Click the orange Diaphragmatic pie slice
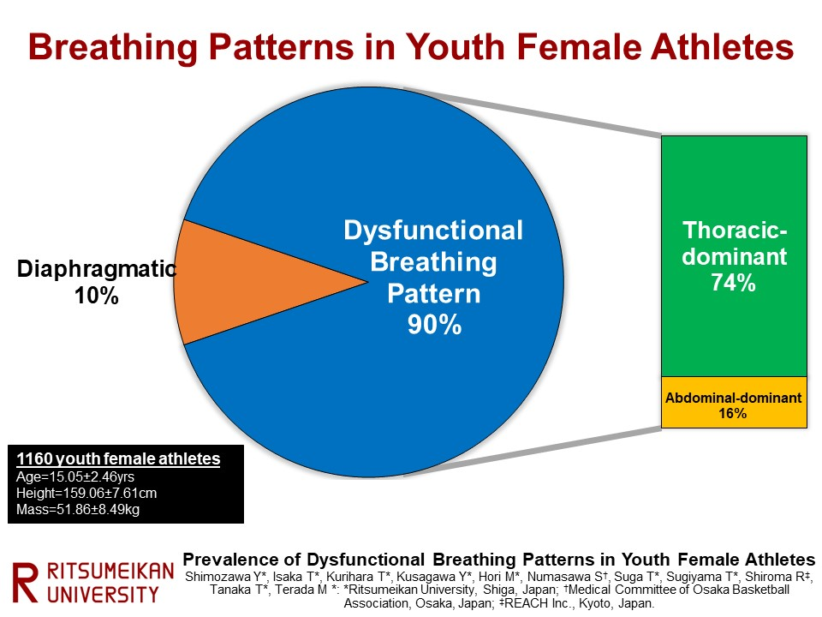pyautogui.click(x=247, y=282)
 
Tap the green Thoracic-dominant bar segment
pyautogui.click(x=734, y=256)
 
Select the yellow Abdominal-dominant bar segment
pyautogui.click(x=734, y=403)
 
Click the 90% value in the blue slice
pyautogui.click(x=435, y=325)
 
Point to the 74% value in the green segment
pyautogui.click(x=734, y=283)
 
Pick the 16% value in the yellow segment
pyautogui.click(x=732, y=413)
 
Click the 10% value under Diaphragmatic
pyautogui.click(x=97, y=296)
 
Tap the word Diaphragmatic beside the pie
pyautogui.click(x=97, y=269)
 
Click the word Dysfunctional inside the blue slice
pyautogui.click(x=433, y=231)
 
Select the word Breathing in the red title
pyautogui.click(x=113, y=48)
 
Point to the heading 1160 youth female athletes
pyautogui.click(x=118, y=459)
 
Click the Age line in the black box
pyautogui.click(x=75, y=477)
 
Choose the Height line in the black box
pyautogui.click(x=86, y=494)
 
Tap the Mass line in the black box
pyautogui.click(x=78, y=509)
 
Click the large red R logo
pyautogui.click(x=25, y=583)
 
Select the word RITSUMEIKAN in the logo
pyautogui.click(x=110, y=572)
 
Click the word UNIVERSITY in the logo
pyautogui.click(x=103, y=595)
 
